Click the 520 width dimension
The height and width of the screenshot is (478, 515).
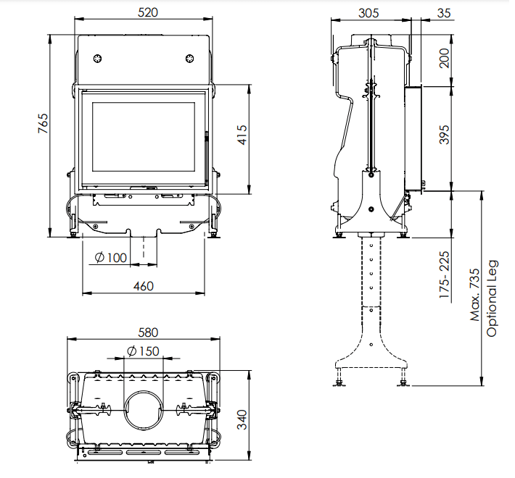click(x=148, y=12)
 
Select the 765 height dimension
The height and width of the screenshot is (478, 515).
click(x=43, y=123)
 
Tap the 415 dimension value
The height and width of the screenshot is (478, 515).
click(x=242, y=135)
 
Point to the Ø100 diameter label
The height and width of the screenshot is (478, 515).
click(x=111, y=257)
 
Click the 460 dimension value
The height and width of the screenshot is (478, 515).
click(x=144, y=286)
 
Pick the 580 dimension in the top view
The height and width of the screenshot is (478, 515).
click(x=148, y=332)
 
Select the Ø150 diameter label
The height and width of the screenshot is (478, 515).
click(x=143, y=351)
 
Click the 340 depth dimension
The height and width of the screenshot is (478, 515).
click(x=242, y=419)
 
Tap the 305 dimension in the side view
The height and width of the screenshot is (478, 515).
click(x=368, y=13)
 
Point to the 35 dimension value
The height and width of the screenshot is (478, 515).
click(x=444, y=13)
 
